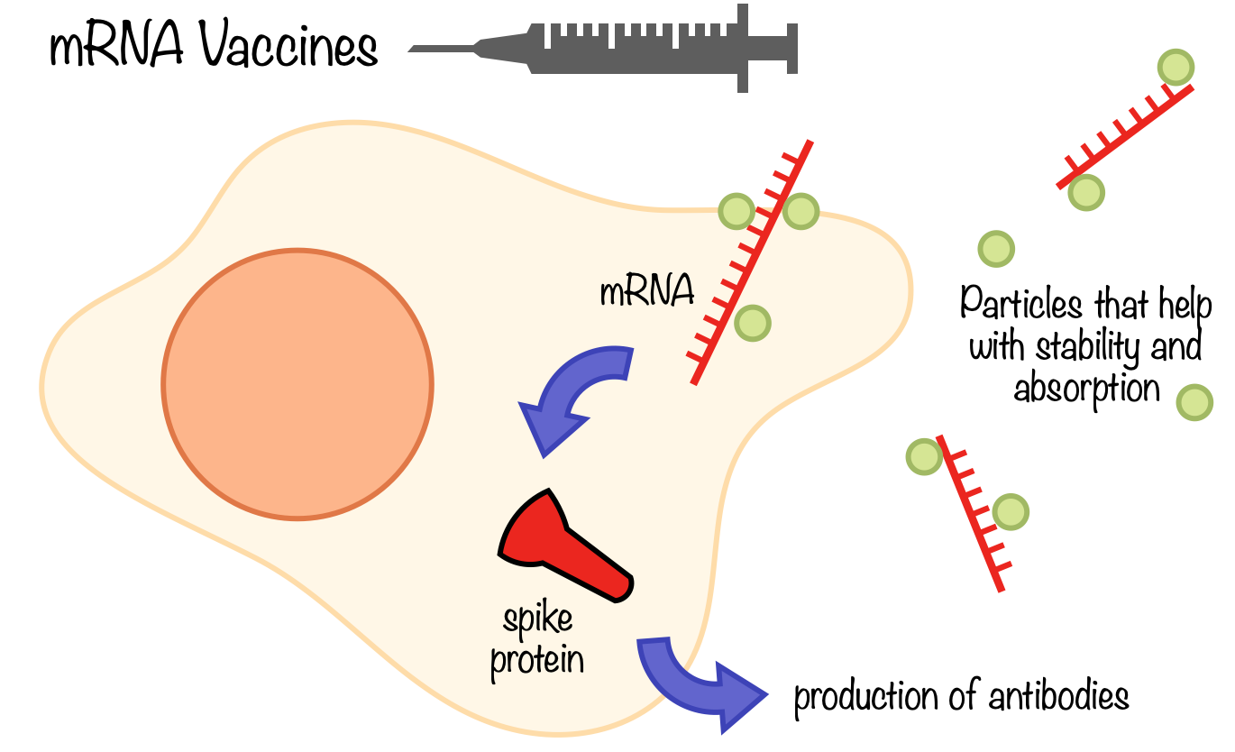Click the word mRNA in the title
[114, 47]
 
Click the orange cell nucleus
[297, 383]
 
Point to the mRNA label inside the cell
[647, 292]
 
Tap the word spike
[538, 621]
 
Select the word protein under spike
[537, 660]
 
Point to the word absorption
[1086, 389]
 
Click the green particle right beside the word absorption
[1194, 401]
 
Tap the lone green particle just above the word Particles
[996, 248]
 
